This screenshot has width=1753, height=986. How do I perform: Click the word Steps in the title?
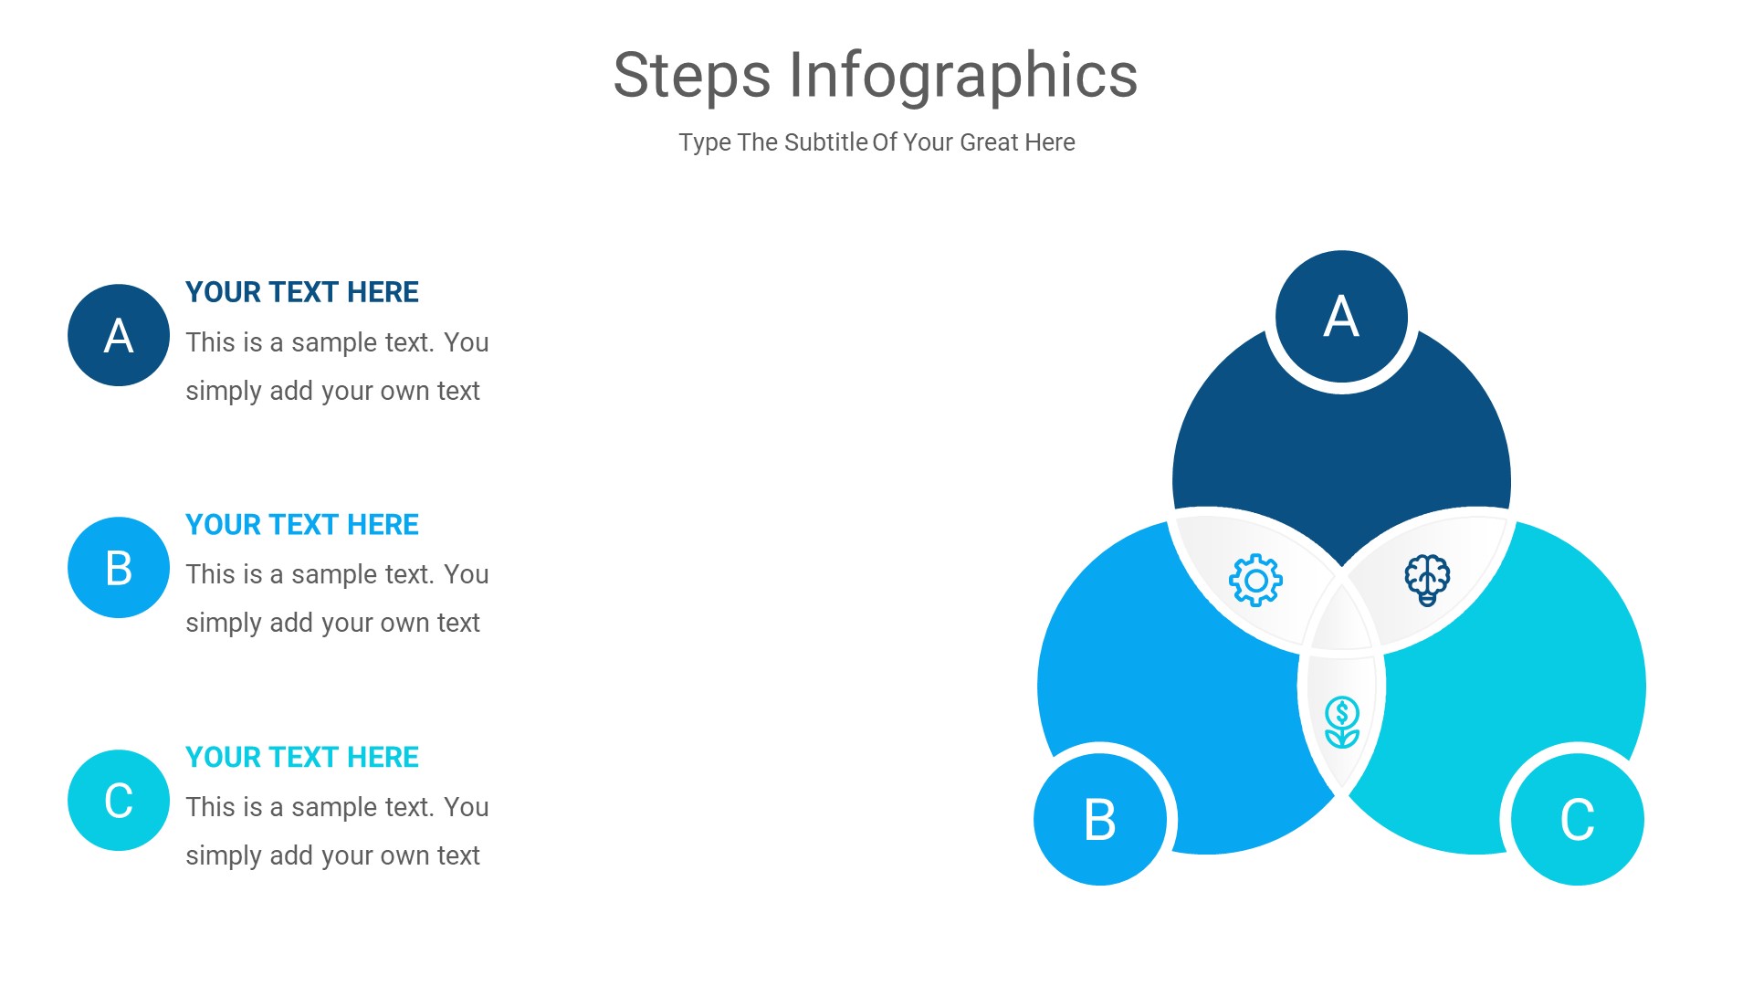coord(691,76)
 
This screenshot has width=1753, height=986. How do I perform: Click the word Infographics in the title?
coord(962,76)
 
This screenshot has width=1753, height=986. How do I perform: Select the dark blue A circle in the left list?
coord(119,335)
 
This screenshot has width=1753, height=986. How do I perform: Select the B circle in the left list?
coord(119,568)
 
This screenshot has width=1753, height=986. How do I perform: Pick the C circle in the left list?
coord(119,801)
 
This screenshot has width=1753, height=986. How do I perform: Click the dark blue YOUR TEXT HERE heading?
coord(301,292)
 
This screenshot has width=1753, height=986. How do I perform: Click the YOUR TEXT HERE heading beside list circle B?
coord(301,525)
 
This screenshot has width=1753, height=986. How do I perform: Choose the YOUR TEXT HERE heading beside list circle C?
coord(301,758)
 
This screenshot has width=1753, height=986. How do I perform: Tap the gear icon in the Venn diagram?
coord(1255,580)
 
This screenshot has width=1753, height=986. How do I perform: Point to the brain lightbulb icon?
coord(1427,579)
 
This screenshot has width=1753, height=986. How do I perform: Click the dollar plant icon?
coord(1342,722)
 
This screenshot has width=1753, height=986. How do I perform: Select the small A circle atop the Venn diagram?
coord(1341,317)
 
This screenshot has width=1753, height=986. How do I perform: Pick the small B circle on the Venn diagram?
coord(1100,819)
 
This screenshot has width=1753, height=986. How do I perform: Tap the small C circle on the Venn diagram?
coord(1577,819)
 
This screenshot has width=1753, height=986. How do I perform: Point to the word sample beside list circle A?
coord(334,343)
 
